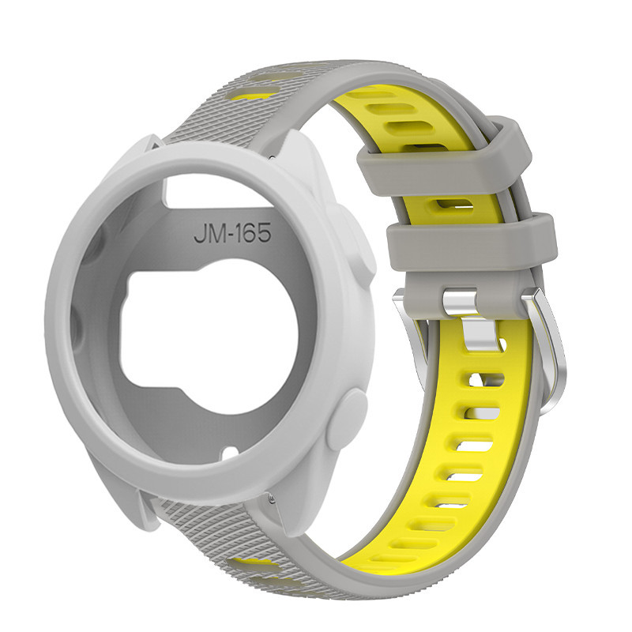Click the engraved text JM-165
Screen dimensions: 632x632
(232, 234)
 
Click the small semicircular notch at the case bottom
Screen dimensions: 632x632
(231, 451)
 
